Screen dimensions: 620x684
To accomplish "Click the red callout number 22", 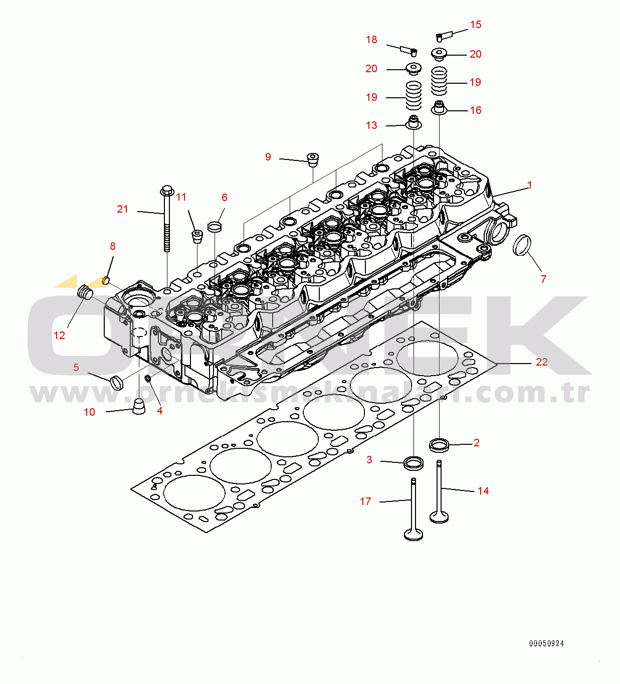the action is [x=542, y=362].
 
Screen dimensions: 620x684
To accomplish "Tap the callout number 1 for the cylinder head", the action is [x=529, y=185].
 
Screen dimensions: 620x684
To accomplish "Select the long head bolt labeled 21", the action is [x=167, y=219].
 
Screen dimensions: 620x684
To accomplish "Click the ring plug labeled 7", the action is [x=522, y=245].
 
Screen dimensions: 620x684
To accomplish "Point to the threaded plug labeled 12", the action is [x=85, y=292].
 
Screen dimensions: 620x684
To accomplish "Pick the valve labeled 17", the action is [x=414, y=509].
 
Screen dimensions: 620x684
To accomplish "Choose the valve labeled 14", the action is [x=439, y=492].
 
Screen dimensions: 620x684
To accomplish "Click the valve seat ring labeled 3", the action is [x=414, y=462].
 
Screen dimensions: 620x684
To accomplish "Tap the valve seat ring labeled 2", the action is [x=439, y=446].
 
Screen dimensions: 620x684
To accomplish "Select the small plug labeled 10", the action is [x=138, y=406].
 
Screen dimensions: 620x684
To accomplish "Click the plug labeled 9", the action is [x=313, y=159].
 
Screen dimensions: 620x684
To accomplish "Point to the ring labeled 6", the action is [x=215, y=227].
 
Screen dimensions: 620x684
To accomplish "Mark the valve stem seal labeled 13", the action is [x=414, y=123].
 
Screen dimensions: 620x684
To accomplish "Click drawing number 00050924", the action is [x=546, y=643].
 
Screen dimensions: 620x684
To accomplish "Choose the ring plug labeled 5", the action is [x=117, y=383].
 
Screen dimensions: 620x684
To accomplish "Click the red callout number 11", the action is [x=181, y=197].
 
